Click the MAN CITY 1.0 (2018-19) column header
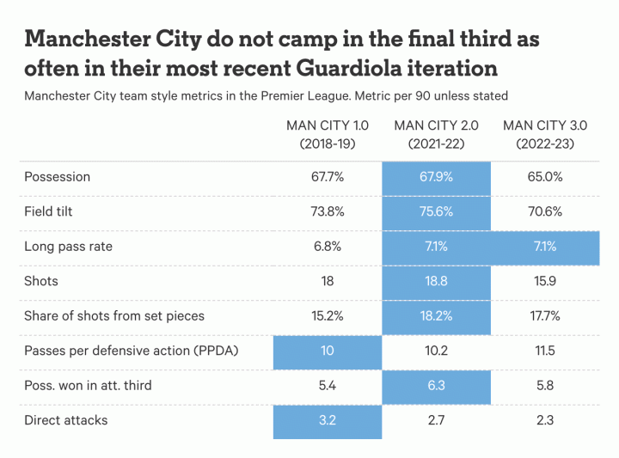pyautogui.click(x=328, y=135)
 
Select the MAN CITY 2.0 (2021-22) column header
pyautogui.click(x=436, y=135)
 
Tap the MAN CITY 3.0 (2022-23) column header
pyautogui.click(x=544, y=135)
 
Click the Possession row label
pyautogui.click(x=57, y=177)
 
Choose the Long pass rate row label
pyautogui.click(x=68, y=247)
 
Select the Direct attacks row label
pyautogui.click(x=66, y=420)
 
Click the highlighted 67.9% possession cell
pyautogui.click(x=436, y=177)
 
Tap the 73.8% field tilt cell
pyautogui.click(x=328, y=211)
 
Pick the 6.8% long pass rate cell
pyautogui.click(x=328, y=247)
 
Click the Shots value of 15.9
pyautogui.click(x=544, y=281)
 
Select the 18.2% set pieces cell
pyautogui.click(x=436, y=315)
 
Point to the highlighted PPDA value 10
pyautogui.click(x=328, y=351)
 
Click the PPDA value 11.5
pyautogui.click(x=544, y=351)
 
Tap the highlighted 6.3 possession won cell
pyautogui.click(x=436, y=385)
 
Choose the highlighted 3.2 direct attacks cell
pyautogui.click(x=328, y=420)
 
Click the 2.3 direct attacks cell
pyautogui.click(x=544, y=420)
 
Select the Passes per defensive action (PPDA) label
pyautogui.click(x=131, y=351)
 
